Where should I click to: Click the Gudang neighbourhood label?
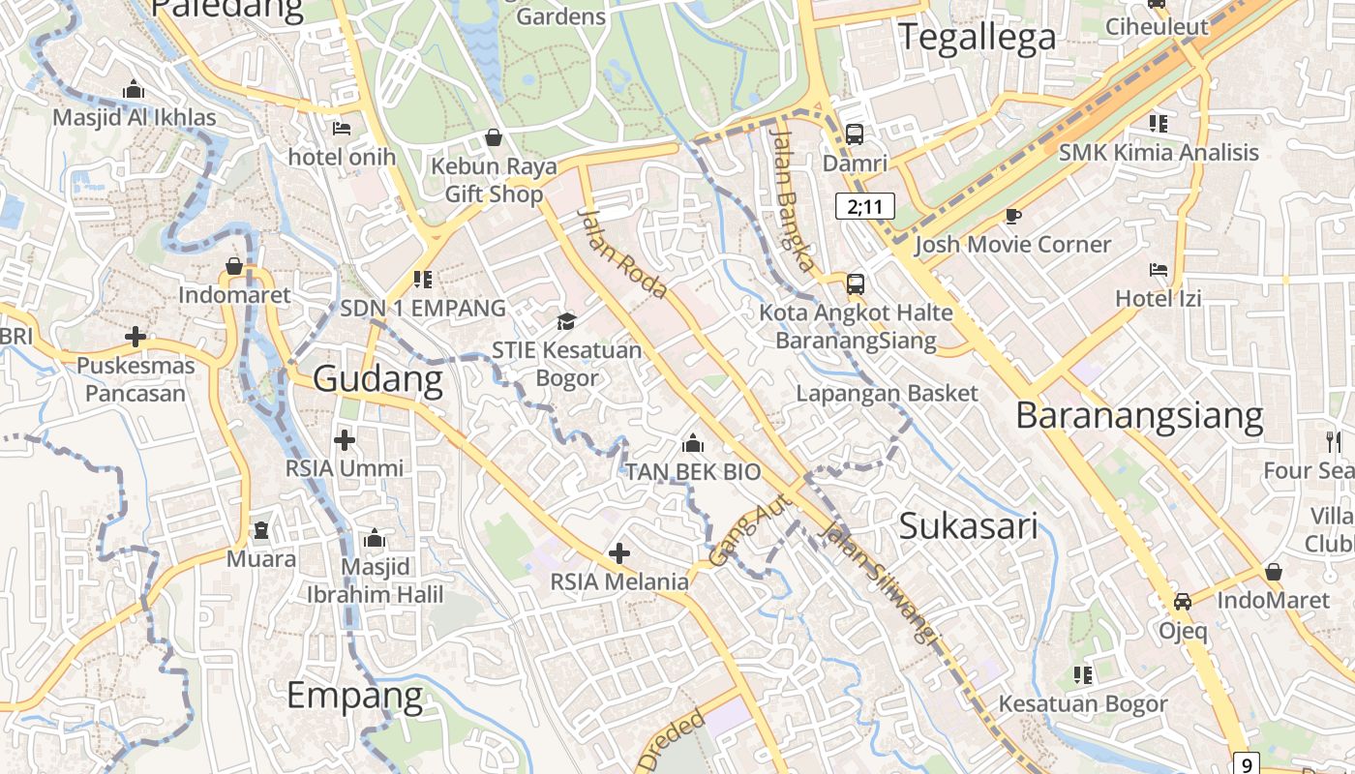(377, 379)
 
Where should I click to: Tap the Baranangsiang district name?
(1139, 415)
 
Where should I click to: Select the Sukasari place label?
(968, 526)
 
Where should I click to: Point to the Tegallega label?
(977, 37)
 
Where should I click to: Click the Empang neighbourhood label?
(355, 696)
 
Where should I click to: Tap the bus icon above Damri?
(854, 134)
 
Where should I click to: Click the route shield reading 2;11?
(865, 206)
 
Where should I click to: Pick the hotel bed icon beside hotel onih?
(342, 128)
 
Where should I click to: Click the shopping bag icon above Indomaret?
(234, 266)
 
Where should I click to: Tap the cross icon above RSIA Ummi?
(344, 440)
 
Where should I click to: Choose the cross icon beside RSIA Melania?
(619, 553)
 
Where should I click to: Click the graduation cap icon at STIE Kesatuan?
(566, 321)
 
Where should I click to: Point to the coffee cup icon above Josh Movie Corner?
(1013, 216)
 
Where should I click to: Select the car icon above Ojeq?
(1183, 601)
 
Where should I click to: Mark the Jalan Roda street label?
(622, 253)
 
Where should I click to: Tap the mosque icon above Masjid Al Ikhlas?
(134, 90)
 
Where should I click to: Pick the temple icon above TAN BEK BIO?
(692, 444)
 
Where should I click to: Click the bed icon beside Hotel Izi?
(1159, 269)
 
